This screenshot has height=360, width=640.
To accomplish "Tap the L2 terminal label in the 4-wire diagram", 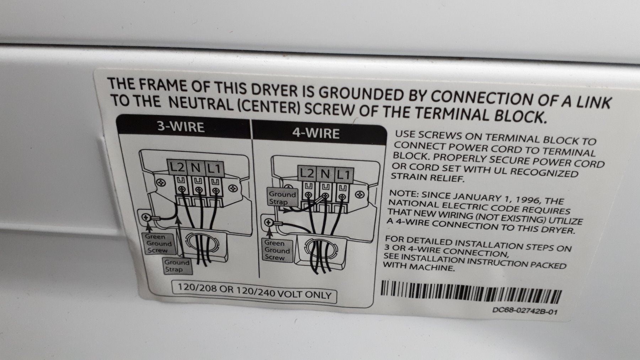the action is [307, 174].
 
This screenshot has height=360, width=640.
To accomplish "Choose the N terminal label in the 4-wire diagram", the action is [325, 174].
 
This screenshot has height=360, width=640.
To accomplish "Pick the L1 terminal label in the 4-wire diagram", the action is [343, 175].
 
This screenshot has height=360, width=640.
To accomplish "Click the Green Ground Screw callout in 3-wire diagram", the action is [159, 244].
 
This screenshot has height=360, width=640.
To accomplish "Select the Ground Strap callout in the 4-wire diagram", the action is [282, 198].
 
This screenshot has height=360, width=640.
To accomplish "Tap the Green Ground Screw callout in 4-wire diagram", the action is [277, 250].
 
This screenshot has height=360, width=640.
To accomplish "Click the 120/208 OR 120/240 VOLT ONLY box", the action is [254, 291].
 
